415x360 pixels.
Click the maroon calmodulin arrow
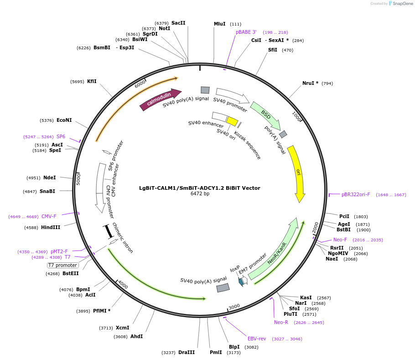coord(161,99)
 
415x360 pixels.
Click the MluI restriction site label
coord(220,24)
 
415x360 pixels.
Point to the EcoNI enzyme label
coord(64,120)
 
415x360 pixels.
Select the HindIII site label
coord(51,227)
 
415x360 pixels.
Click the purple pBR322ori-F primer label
coord(356,194)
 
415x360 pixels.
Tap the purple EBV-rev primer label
coord(257,339)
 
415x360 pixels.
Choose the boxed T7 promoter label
coord(63,265)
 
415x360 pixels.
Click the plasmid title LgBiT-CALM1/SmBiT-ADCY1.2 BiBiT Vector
coord(200,188)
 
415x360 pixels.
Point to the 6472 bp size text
coord(200,194)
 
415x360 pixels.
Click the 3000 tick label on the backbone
coord(234,307)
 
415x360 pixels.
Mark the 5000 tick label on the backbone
coord(78,179)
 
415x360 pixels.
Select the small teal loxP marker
coord(241,282)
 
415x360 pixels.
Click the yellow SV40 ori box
coord(233,121)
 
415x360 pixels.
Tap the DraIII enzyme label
coord(187,352)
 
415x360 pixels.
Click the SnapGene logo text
coord(403,4)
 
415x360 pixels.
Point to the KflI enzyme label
coord(92,81)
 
